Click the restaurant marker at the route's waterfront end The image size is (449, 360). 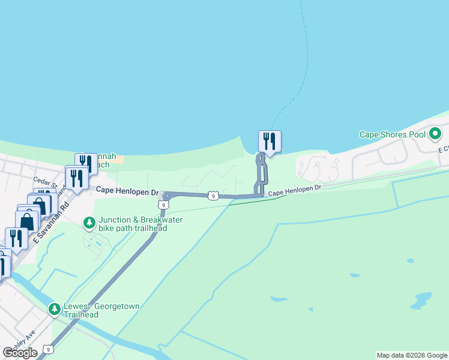pyautogui.click(x=270, y=142)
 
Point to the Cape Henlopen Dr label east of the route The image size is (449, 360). pyautogui.click(x=295, y=190)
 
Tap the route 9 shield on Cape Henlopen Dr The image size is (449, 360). pyautogui.click(x=213, y=196)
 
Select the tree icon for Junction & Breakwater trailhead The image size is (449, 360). pyautogui.click(x=89, y=223)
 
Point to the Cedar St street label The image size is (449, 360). pyautogui.click(x=44, y=180)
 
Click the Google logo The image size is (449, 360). pyautogui.click(x=20, y=353)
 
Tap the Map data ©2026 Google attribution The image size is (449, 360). pyautogui.click(x=412, y=355)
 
